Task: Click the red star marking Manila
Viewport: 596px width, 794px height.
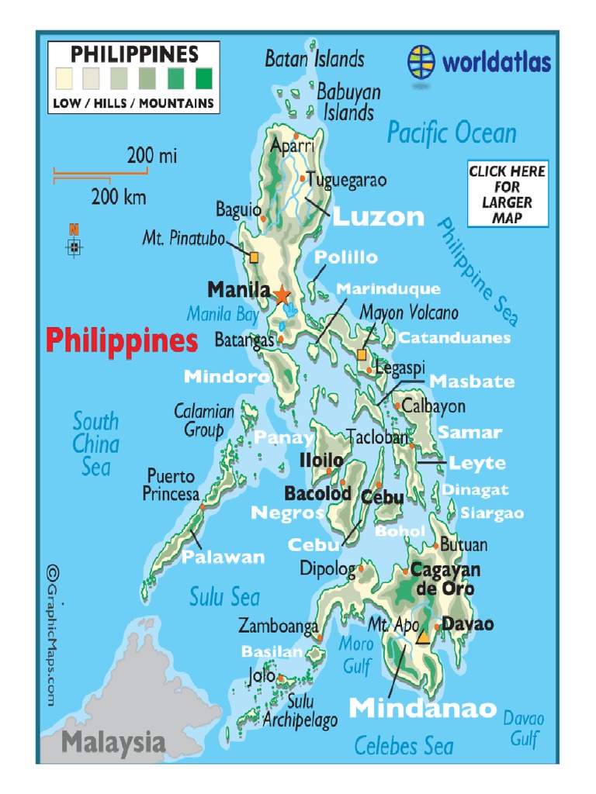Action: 281,294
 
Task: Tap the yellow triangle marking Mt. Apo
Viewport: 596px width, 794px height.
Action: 423,637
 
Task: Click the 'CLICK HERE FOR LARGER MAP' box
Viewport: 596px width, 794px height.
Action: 507,194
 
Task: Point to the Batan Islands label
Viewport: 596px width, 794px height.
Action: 314,59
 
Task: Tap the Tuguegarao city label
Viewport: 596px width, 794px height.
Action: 346,181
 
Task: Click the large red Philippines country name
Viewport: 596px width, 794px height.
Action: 121,340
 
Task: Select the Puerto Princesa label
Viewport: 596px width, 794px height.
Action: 171,485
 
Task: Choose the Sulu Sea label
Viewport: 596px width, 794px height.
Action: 224,597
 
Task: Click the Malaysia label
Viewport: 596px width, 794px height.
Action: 113,742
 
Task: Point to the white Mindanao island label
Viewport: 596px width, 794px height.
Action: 422,708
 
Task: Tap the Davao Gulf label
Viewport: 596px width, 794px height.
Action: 525,729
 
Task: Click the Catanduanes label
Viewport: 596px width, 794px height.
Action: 454,338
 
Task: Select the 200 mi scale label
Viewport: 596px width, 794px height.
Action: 152,156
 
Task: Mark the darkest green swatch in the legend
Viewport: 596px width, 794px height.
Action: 203,78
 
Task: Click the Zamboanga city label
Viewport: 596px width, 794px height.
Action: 278,625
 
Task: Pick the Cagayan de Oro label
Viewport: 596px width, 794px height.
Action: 445,579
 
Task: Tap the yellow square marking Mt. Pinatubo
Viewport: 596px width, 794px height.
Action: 254,257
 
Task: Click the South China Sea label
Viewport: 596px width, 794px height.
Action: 96,444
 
